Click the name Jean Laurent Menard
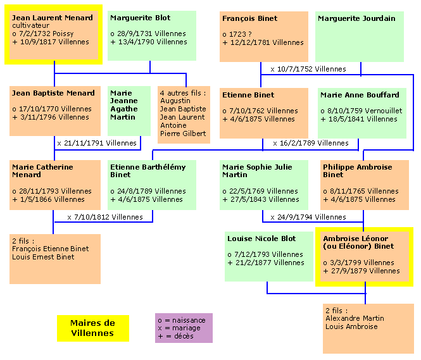pyautogui.click(x=53, y=18)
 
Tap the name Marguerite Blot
pyautogui.click(x=140, y=18)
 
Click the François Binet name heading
pyautogui.click(x=250, y=19)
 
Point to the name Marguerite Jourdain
pyautogui.click(x=356, y=19)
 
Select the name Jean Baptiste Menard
pyautogui.click(x=53, y=94)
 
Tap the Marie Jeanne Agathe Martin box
pyautogui.click(x=129, y=111)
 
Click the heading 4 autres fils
pyautogui.click(x=182, y=93)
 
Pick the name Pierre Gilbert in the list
pyautogui.click(x=183, y=133)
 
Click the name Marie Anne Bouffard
pyautogui.click(x=360, y=95)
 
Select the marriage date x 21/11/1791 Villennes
pyautogui.click(x=97, y=143)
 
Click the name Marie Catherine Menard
pyautogui.click(x=42, y=171)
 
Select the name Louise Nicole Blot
pyautogui.click(x=261, y=239)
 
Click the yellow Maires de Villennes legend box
pyautogui.click(x=92, y=328)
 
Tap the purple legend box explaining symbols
pyautogui.click(x=184, y=328)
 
